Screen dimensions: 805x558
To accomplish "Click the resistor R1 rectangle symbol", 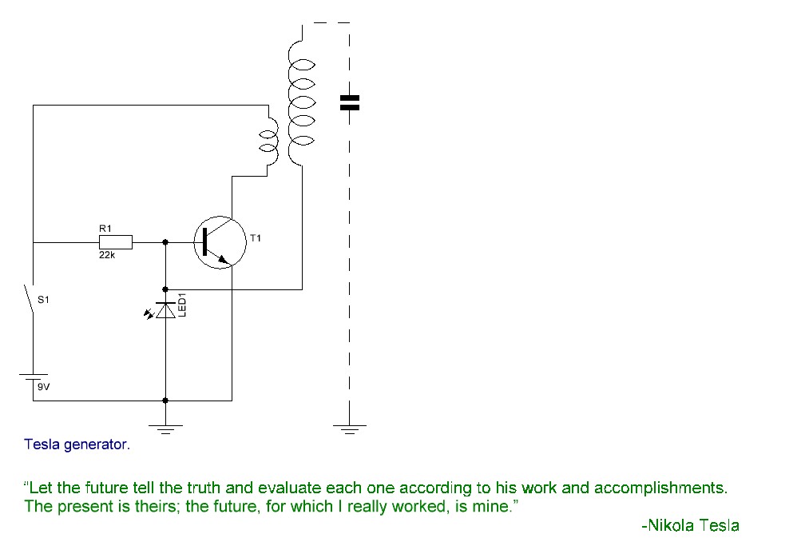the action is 116,242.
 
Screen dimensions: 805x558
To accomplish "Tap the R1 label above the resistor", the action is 105,229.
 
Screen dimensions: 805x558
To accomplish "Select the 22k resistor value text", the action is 107,255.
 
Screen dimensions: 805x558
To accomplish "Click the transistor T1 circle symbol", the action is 220,242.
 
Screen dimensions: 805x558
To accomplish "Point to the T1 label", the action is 256,238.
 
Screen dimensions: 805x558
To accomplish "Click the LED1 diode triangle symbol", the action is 165,310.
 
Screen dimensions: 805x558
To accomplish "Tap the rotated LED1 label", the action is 181,305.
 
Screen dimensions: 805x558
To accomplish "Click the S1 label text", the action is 44,300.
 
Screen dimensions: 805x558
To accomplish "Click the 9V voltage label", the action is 44,387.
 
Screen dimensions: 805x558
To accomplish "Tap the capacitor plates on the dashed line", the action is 350,103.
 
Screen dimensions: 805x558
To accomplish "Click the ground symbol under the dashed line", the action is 350,429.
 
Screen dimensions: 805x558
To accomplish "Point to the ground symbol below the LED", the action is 165,429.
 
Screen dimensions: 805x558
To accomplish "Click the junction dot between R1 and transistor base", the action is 165,242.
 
